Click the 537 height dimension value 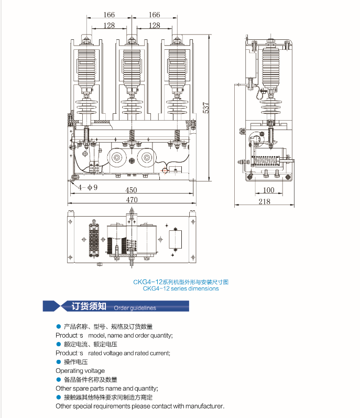pos(206,107)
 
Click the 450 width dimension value pos(131,190)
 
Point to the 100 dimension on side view pos(268,190)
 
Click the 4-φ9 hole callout pos(88,187)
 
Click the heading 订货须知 pos(89,306)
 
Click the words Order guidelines pos(135,308)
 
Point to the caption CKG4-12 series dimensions pos(181,288)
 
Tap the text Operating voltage pos(80,371)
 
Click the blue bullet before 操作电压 pos(59,362)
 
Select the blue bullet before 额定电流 pos(59,344)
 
